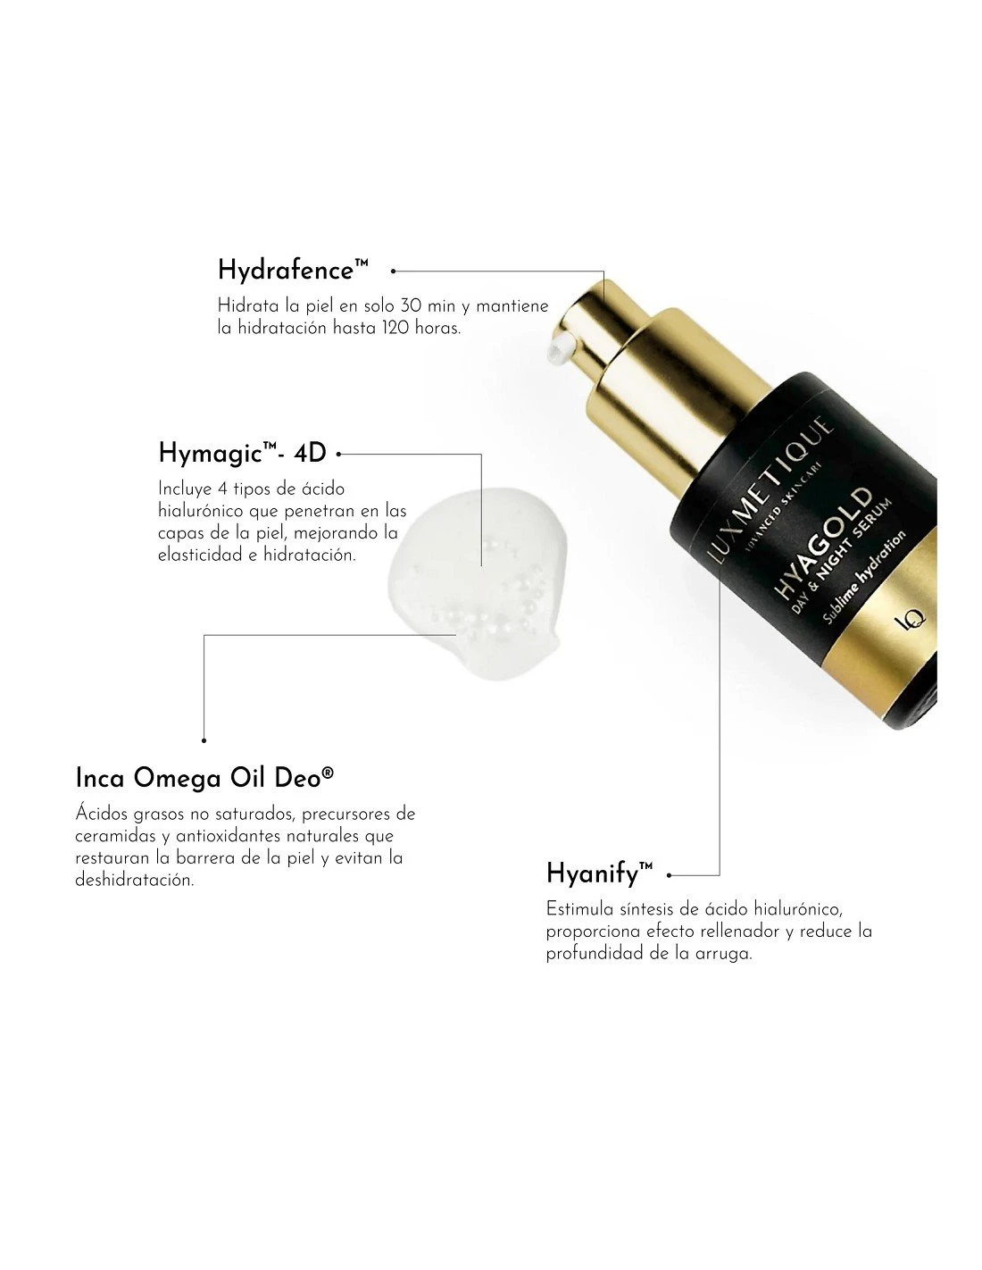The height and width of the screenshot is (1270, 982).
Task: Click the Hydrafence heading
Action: [x=293, y=270]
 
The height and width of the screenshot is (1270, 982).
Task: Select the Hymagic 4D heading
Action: [x=242, y=453]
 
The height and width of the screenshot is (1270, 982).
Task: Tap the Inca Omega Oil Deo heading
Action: [x=204, y=777]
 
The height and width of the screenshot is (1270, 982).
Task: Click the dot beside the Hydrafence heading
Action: [x=394, y=270]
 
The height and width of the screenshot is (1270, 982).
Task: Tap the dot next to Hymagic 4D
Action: [x=339, y=454]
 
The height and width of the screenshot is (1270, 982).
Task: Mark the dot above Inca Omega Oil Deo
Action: [x=204, y=739]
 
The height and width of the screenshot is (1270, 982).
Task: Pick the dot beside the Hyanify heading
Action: [x=670, y=876]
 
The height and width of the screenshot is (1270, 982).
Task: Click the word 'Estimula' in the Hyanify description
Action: [x=576, y=909]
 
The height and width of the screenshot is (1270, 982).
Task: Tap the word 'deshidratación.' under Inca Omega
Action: [x=134, y=880]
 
